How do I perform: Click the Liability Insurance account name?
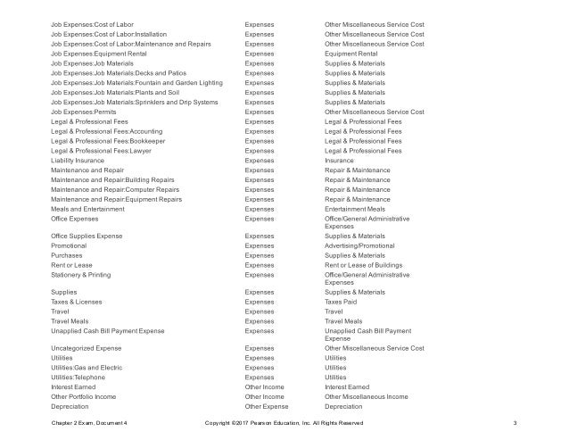tap(79, 162)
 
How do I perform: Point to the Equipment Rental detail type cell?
tap(351, 53)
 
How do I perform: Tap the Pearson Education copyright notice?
tap(284, 422)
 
